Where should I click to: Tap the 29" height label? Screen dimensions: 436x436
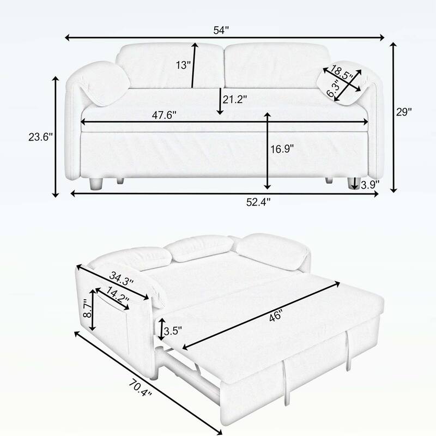[404, 112]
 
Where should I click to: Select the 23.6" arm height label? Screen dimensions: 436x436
[40, 138]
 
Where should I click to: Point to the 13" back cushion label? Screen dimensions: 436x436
[184, 65]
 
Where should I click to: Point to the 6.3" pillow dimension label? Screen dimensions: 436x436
[334, 87]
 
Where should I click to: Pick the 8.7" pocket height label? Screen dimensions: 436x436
[85, 310]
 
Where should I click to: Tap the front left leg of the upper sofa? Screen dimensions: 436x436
[96, 184]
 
